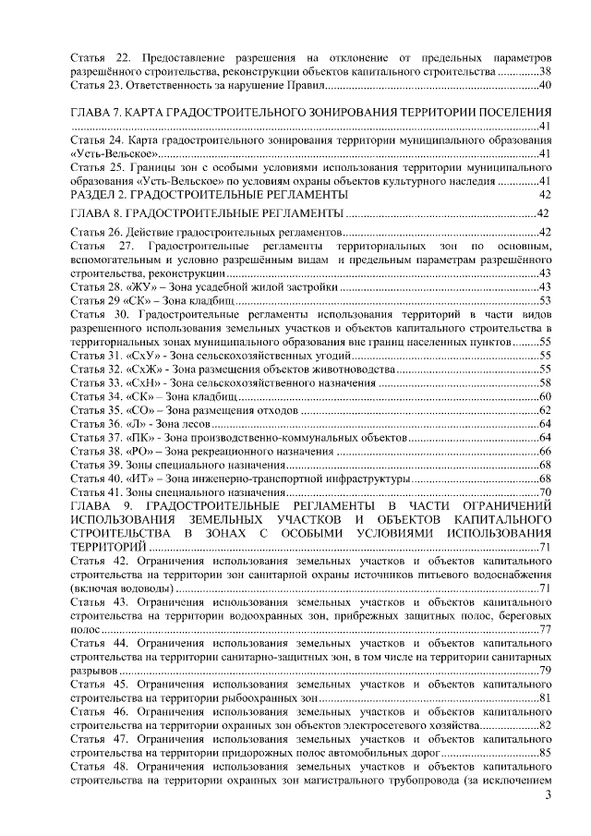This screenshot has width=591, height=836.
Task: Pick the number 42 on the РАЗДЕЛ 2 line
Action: coord(545,196)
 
